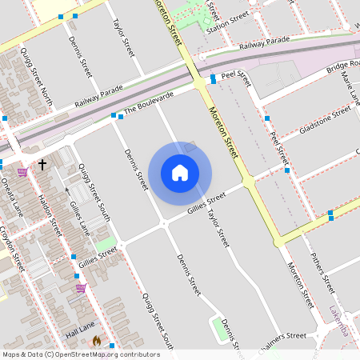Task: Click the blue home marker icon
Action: (180, 172)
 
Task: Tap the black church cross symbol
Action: (42, 164)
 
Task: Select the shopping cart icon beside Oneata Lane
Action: (22, 170)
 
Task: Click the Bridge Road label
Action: (342, 67)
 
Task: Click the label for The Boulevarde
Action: (149, 106)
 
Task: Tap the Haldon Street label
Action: (50, 216)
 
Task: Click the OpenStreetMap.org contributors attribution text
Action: (107, 354)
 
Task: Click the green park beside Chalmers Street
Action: (218, 329)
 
